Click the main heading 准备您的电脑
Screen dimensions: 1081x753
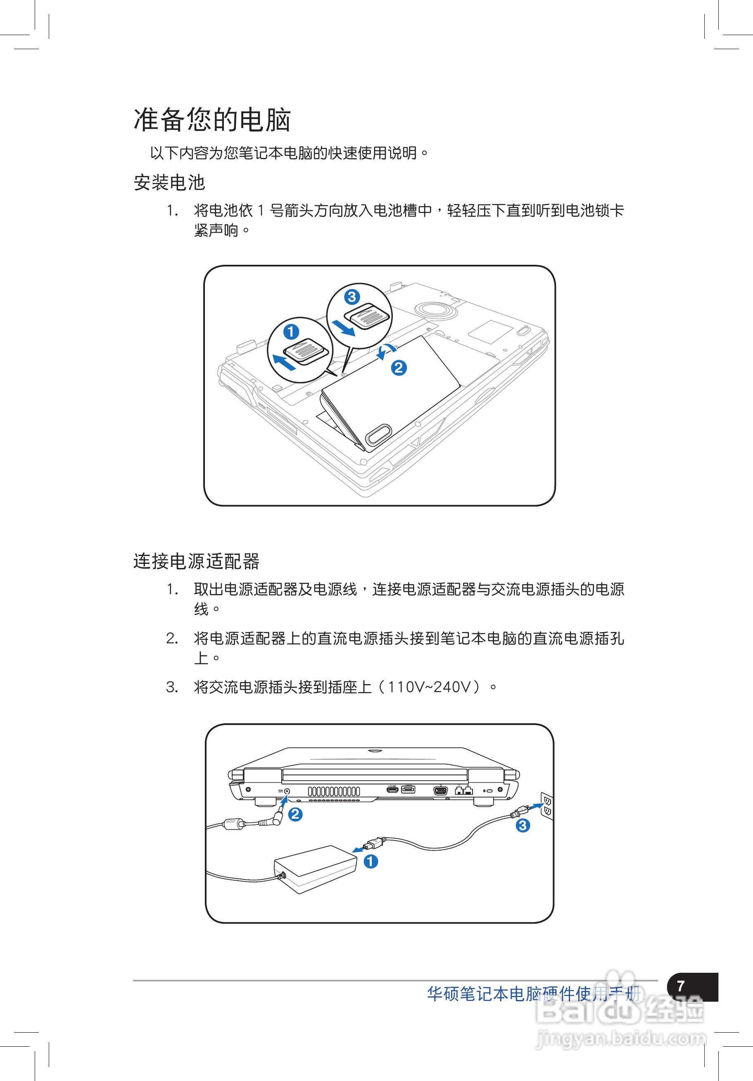click(212, 120)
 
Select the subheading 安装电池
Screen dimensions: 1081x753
click(169, 183)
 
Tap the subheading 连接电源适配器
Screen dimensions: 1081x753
click(196, 561)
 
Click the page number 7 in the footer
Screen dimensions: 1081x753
click(680, 986)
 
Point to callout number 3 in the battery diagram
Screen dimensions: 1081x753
click(352, 297)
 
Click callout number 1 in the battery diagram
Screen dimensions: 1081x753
click(291, 331)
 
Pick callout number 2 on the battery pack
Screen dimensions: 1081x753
click(399, 368)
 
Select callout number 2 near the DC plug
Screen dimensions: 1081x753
click(295, 814)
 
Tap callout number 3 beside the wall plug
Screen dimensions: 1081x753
click(523, 825)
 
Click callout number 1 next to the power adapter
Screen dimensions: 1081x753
click(371, 862)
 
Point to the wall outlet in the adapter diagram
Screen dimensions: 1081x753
click(547, 805)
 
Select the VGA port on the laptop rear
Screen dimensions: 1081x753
click(440, 790)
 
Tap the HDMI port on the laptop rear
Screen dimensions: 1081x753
click(392, 789)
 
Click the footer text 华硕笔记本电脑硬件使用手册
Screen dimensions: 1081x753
click(533, 994)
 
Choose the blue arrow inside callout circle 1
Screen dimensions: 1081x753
click(285, 363)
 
